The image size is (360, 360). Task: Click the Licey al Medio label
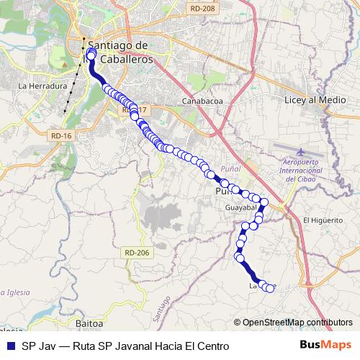pyautogui.click(x=311, y=101)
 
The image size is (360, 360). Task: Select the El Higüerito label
pyautogui.click(x=322, y=220)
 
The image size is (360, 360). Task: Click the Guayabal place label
pyautogui.click(x=240, y=207)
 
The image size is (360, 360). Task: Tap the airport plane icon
pyautogui.click(x=300, y=151)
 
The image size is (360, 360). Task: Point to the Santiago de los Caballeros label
pyautogui.click(x=115, y=53)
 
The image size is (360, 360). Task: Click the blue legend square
pyautogui.click(x=9, y=346)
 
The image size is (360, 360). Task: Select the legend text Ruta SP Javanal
pyautogui.click(x=126, y=346)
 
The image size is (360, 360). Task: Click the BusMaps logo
pyautogui.click(x=325, y=346)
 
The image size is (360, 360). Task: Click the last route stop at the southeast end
pyautogui.click(x=271, y=288)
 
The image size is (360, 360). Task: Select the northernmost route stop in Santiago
pyautogui.click(x=91, y=53)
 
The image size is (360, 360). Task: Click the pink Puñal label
pyautogui.click(x=232, y=167)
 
